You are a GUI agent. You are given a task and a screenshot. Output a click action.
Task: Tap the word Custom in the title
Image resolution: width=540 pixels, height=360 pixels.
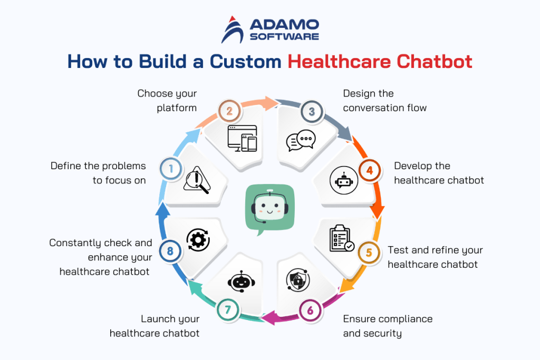tap(245, 61)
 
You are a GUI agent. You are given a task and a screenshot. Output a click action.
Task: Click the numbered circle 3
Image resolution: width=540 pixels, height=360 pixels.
tap(312, 111)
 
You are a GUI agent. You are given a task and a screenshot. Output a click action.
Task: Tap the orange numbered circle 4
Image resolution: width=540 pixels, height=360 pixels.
tap(369, 170)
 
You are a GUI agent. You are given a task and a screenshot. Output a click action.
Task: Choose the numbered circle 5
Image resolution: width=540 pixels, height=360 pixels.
tap(369, 252)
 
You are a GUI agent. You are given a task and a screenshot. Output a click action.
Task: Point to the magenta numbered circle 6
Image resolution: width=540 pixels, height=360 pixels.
tap(310, 309)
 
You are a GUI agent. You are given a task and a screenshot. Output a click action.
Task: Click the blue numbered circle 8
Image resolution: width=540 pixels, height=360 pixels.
tap(170, 251)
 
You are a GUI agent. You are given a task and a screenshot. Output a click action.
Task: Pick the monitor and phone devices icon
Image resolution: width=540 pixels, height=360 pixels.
tap(242, 138)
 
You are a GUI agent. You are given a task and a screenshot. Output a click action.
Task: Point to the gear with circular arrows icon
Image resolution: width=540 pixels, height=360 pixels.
tap(198, 240)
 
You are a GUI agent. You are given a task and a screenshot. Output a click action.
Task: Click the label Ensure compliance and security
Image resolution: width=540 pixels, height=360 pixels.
tap(387, 326)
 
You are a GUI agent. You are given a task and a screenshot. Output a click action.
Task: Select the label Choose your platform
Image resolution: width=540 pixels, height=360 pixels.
tap(167, 100)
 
